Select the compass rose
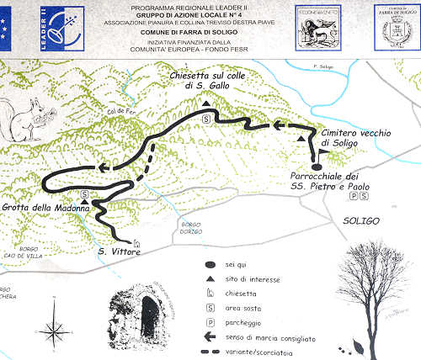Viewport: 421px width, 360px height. (56, 326)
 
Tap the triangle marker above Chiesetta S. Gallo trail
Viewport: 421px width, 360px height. (205, 104)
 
